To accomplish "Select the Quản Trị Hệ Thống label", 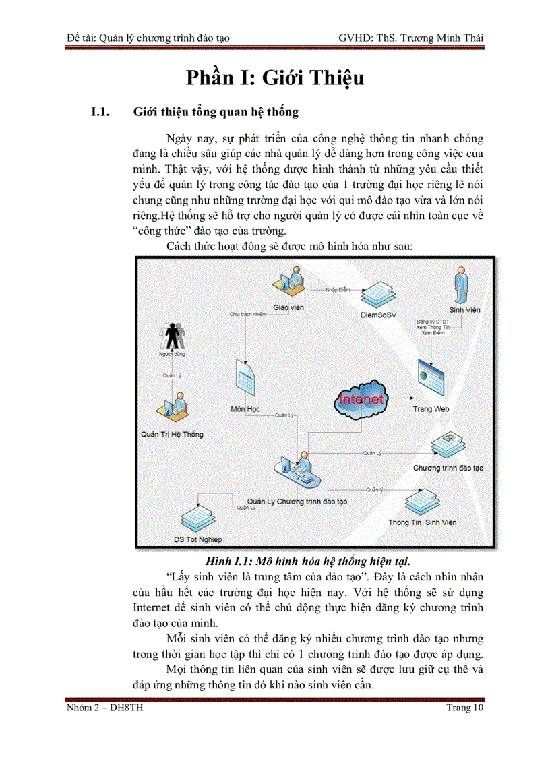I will click(x=172, y=435).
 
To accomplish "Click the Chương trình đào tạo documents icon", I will click(x=446, y=446).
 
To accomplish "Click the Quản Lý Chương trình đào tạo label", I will click(x=297, y=502).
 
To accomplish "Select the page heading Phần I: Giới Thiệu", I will click(x=275, y=78).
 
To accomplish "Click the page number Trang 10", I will click(x=464, y=708).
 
